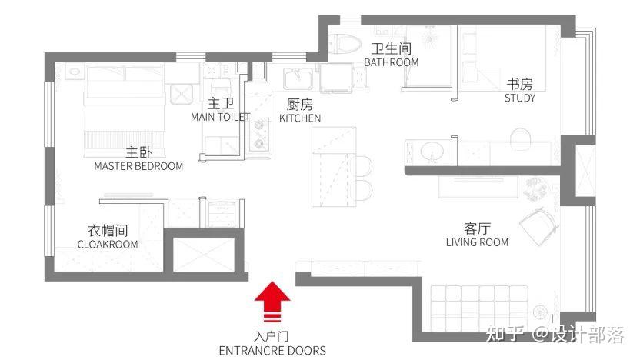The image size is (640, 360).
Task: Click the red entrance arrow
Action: coord(272,300)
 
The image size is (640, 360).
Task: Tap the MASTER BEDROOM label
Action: coord(138,166)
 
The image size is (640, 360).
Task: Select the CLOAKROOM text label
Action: coord(108,245)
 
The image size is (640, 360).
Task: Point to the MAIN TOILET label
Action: coord(221,117)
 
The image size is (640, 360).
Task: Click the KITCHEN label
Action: coord(300,118)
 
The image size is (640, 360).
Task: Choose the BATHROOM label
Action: coord(392,62)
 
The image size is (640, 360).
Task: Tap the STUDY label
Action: coord(519,98)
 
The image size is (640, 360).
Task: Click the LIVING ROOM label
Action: coord(477,242)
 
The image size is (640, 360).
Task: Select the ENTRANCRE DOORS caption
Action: coord(272,351)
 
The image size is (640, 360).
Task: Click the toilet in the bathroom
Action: coord(345,43)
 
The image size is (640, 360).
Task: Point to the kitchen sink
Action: coord(298,78)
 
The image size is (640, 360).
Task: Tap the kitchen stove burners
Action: coord(259,135)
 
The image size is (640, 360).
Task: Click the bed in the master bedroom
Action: coord(125,110)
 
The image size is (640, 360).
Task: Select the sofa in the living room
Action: coord(479,308)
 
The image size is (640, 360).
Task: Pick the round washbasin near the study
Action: coord(432,152)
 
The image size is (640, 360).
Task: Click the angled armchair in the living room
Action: coord(538,226)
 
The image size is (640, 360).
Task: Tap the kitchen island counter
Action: coord(334,166)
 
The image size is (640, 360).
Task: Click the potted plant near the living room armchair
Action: coord(535,189)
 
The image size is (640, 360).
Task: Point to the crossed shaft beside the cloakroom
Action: coord(204,255)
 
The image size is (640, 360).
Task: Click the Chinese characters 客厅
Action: coord(477,228)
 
